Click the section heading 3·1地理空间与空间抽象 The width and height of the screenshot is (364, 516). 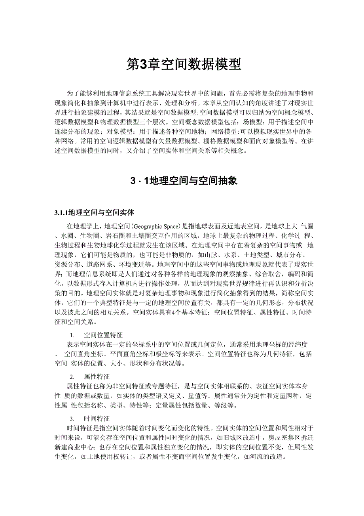[x=184, y=181]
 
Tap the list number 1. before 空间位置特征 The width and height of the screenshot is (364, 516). [x=72, y=335]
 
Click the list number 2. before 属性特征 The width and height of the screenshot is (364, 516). [x=72, y=376]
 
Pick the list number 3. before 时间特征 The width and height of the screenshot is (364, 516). [x=72, y=419]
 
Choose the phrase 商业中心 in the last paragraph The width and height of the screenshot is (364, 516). [x=81, y=447]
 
